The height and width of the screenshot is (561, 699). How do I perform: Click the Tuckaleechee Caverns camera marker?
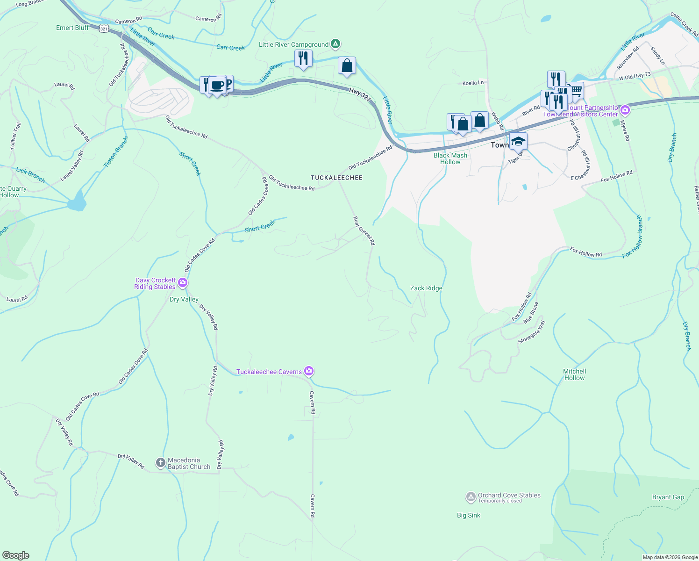(x=308, y=371)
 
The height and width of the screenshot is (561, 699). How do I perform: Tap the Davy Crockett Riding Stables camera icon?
(x=183, y=283)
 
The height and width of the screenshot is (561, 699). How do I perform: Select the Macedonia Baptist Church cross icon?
(x=160, y=463)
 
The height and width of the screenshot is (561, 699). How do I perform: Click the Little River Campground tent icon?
(x=335, y=44)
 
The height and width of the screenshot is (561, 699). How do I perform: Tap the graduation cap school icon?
(x=518, y=141)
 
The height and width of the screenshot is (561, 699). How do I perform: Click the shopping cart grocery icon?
(x=577, y=90)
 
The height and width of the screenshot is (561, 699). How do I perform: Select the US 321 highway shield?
(x=104, y=29)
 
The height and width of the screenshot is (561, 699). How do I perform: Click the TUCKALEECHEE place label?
(x=337, y=178)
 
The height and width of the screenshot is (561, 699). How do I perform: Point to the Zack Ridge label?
(x=426, y=288)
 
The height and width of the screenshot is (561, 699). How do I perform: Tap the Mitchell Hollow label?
(x=574, y=374)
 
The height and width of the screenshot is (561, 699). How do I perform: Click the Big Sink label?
(x=468, y=515)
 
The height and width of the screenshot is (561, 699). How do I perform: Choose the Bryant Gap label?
(x=668, y=497)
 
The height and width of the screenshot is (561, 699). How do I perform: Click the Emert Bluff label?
(x=72, y=28)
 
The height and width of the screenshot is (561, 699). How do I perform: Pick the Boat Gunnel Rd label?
(x=364, y=230)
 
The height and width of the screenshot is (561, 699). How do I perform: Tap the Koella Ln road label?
(x=473, y=83)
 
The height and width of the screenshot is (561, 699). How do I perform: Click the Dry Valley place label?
(x=184, y=299)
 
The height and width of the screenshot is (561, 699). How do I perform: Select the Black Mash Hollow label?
(x=450, y=158)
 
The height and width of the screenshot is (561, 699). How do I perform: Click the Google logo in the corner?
(x=16, y=555)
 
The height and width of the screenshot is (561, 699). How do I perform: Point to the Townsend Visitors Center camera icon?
(x=625, y=111)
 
